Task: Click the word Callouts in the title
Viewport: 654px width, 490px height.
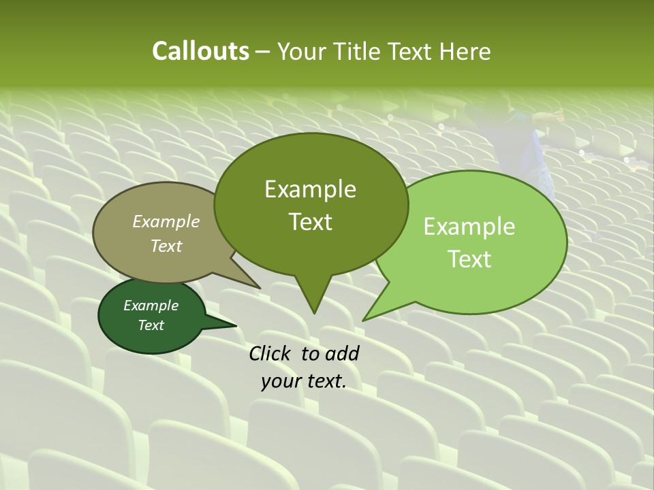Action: point(200,51)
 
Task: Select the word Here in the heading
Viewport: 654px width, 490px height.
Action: point(465,51)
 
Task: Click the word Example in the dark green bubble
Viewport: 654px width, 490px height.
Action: point(151,306)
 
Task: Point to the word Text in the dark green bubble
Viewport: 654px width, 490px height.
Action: point(151,325)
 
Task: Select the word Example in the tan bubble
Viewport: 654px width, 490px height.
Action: point(166,221)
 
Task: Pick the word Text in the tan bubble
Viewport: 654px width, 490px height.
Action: point(166,246)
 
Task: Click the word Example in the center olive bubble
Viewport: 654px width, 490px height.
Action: point(310,189)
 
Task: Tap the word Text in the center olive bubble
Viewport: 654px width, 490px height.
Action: point(310,222)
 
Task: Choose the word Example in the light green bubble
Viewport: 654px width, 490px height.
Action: point(469,227)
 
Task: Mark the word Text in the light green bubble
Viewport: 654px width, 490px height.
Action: point(469,259)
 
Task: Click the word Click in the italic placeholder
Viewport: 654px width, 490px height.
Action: point(271,353)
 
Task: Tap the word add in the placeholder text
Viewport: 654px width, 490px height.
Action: point(342,353)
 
